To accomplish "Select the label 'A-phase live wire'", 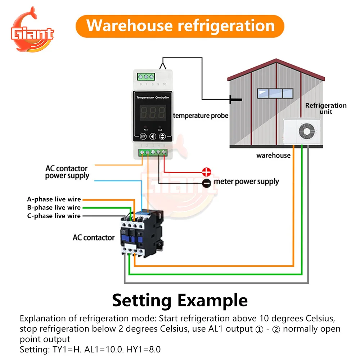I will point(54,199).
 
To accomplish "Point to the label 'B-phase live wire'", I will point(54,207).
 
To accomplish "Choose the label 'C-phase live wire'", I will point(54,216).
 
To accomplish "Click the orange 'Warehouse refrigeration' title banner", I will point(180,26).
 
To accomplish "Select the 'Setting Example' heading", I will point(180,300).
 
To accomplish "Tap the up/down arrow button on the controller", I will point(163,136).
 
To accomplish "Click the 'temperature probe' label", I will point(201,116).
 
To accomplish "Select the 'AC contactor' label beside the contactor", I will point(94,238).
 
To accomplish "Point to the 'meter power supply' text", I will point(246,181).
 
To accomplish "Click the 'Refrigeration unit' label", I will point(326,108).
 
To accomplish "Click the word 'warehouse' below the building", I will point(273,156).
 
